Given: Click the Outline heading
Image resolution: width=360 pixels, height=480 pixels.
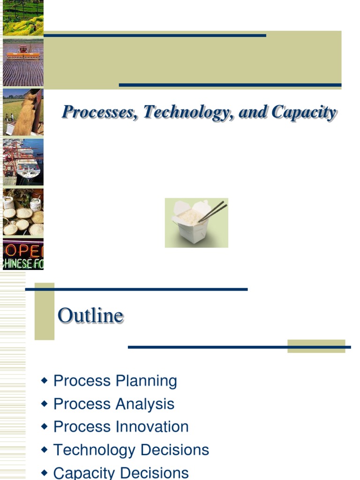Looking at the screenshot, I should [x=90, y=315].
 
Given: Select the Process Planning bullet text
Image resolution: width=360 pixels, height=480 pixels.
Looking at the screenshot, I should [x=115, y=381].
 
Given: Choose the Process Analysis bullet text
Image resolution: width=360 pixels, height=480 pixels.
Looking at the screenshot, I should [x=114, y=404].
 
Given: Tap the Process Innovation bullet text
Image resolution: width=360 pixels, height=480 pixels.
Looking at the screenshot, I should [x=121, y=427].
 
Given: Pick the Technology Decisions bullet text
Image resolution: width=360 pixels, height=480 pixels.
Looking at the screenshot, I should [x=131, y=450].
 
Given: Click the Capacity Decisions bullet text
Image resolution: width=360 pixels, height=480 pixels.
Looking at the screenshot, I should [x=121, y=472].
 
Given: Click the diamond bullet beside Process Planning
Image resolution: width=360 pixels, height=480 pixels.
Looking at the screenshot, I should [x=45, y=381].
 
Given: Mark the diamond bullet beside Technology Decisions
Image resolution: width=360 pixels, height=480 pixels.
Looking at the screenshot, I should [x=45, y=450].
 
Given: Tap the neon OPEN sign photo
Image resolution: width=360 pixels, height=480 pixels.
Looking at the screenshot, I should [x=23, y=255].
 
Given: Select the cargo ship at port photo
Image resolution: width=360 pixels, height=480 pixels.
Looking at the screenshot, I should [x=23, y=162].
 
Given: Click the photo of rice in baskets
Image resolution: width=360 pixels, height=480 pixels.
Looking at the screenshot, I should [x=23, y=212].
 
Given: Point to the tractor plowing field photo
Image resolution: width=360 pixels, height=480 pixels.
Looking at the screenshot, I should [x=23, y=62].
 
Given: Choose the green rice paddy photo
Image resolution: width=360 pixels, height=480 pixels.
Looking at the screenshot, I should [x=23, y=18].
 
